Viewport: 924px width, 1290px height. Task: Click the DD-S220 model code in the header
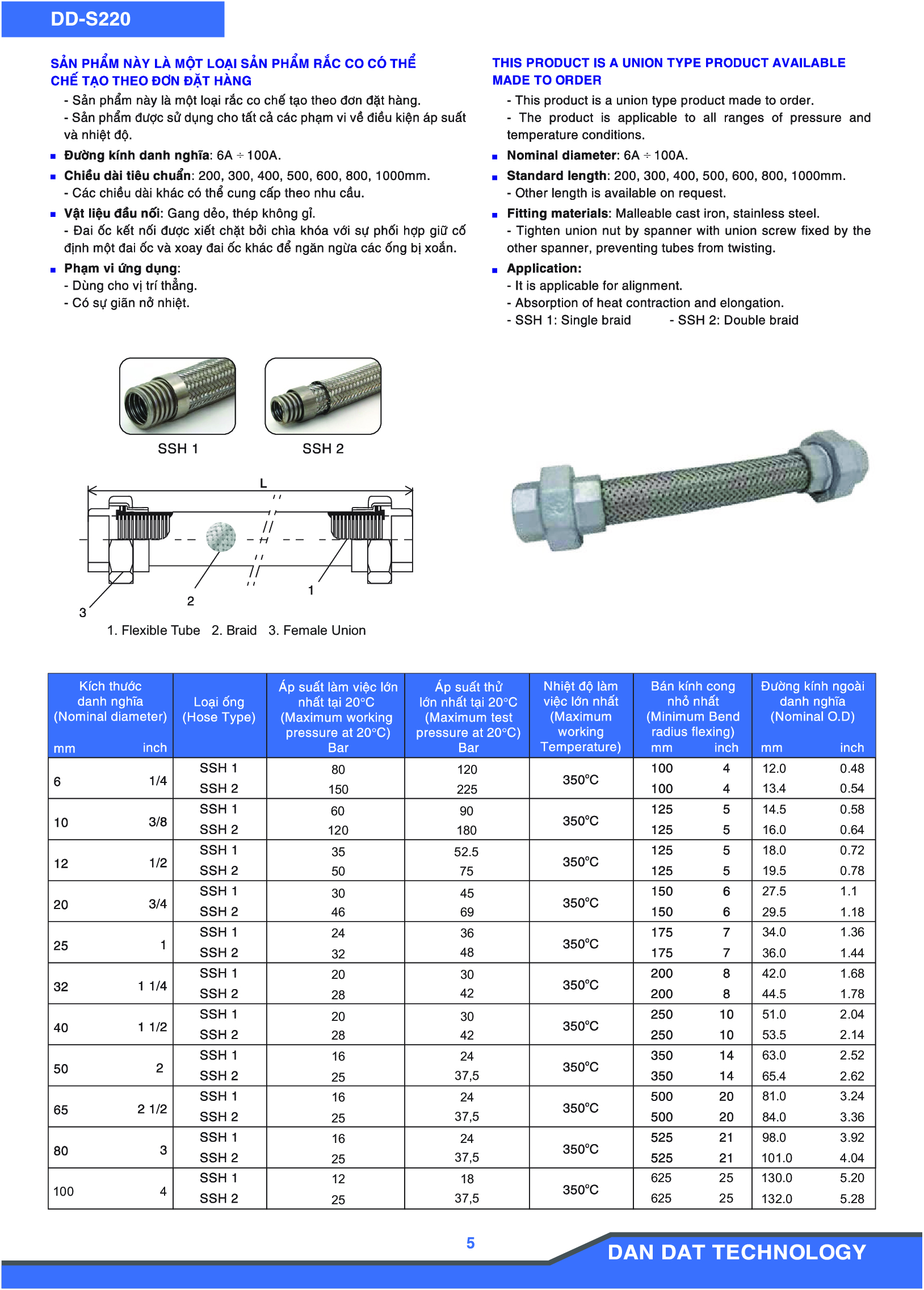(x=90, y=19)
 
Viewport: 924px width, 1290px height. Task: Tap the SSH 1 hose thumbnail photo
(x=178, y=396)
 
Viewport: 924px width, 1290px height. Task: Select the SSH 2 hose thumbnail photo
(x=323, y=396)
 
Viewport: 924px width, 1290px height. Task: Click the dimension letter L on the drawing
(x=263, y=483)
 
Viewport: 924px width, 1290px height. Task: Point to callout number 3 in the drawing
(x=83, y=613)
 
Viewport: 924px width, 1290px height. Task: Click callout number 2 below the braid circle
(x=191, y=601)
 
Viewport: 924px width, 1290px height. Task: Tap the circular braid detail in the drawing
(x=221, y=537)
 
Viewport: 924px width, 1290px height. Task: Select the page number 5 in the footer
(x=471, y=1243)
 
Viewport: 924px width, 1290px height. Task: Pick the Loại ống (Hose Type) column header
(x=219, y=709)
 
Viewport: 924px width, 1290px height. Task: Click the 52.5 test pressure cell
(x=467, y=852)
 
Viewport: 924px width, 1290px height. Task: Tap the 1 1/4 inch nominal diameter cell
(x=152, y=986)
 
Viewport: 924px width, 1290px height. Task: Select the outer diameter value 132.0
(x=776, y=1199)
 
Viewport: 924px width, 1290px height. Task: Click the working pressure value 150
(x=338, y=789)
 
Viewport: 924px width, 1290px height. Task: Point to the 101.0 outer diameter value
(x=776, y=1158)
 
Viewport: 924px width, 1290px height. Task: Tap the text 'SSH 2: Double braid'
(x=737, y=320)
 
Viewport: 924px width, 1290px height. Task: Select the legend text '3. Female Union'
(x=317, y=630)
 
